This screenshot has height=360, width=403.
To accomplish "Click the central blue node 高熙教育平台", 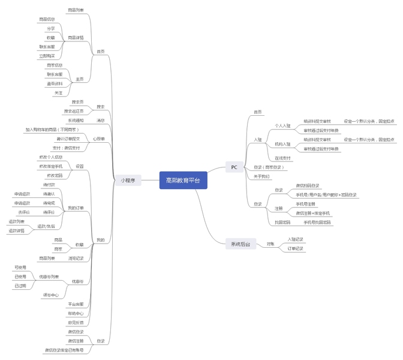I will (x=183, y=181).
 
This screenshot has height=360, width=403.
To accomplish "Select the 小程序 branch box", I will (x=128, y=180).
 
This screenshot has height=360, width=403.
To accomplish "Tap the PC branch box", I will (x=234, y=167).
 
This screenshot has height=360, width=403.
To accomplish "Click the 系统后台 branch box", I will (x=240, y=244).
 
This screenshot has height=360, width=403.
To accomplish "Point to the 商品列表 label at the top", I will (x=76, y=10).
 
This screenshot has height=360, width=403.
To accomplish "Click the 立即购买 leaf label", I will (x=47, y=56).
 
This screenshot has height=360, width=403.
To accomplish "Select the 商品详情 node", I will (x=76, y=37).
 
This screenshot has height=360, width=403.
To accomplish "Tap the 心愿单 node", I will (x=99, y=139).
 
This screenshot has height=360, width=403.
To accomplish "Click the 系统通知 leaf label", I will (x=76, y=121).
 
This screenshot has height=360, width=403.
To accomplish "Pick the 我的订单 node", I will (x=76, y=208).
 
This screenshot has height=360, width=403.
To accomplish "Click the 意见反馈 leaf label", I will (x=76, y=322).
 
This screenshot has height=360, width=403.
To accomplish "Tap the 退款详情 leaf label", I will (x=16, y=230).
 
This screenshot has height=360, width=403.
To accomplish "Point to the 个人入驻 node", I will (x=282, y=126).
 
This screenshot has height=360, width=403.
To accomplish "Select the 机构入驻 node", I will (x=282, y=145).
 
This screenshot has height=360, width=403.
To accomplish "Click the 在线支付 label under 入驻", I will (x=282, y=158).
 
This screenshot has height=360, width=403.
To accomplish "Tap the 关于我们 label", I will (x=261, y=176).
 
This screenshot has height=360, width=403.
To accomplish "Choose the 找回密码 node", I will (x=282, y=223).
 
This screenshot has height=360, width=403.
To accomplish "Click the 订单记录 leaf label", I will (x=296, y=248).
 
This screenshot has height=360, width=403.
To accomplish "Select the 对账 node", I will (x=270, y=244).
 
